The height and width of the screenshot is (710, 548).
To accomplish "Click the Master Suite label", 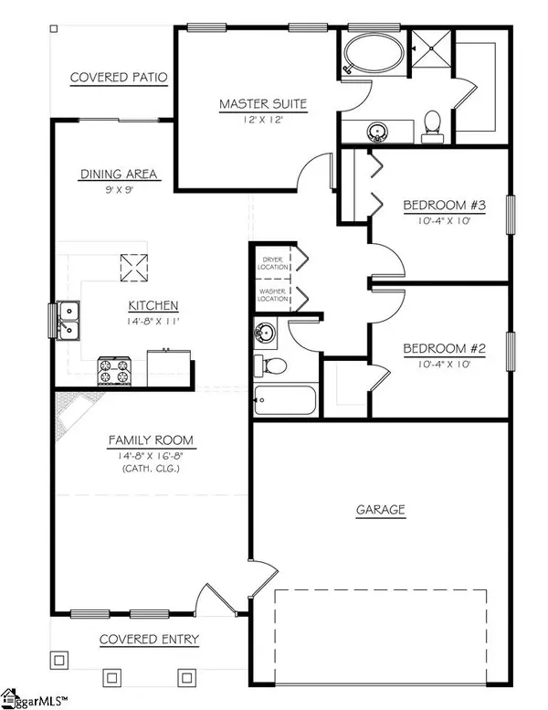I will [263, 103].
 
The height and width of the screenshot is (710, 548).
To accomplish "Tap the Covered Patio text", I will [119, 77].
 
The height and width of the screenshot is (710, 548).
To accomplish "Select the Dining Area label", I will [119, 174].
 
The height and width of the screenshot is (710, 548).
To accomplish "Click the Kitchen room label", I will [153, 305].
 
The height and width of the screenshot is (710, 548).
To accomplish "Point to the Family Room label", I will [152, 440].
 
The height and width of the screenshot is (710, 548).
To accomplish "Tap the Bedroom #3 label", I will [445, 204].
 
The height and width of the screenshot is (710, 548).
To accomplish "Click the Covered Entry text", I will [149, 639].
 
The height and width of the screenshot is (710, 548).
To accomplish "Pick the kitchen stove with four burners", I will [115, 370].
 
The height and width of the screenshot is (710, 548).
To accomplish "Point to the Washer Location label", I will [273, 294].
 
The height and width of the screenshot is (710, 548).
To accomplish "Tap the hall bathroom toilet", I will [273, 366].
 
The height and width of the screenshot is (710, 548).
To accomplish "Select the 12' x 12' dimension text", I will [263, 118].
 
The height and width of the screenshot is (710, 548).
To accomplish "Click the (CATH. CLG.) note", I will [152, 468].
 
